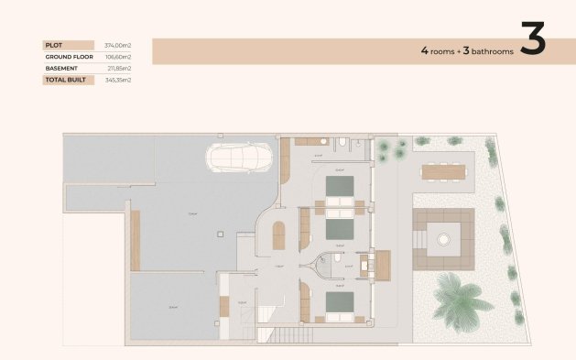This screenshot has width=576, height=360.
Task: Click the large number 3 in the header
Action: (533, 39)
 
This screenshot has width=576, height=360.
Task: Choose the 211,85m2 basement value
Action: (119, 68)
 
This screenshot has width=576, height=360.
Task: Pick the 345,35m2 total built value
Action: (119, 80)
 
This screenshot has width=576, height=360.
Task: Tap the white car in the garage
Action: (240, 158)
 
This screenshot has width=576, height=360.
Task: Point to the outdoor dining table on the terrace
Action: (443, 170)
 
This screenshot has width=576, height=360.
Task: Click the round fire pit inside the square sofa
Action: (443, 239)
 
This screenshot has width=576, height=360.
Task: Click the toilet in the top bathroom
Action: (341, 143)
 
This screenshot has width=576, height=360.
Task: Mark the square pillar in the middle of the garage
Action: (221, 233)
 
